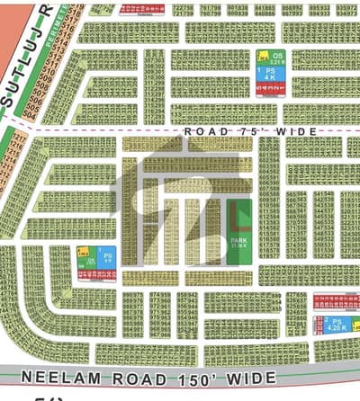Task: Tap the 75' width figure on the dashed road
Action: [248, 131]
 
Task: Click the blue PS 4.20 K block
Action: [336, 325]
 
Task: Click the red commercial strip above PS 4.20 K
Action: [335, 306]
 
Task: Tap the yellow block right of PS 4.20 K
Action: [356, 325]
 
